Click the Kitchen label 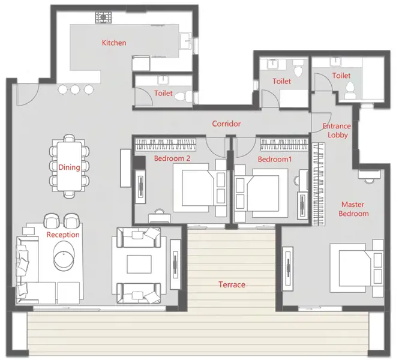pyautogui.click(x=114, y=43)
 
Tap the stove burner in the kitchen pyautogui.click(x=103, y=17)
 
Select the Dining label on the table pyautogui.click(x=69, y=167)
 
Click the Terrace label pyautogui.click(x=232, y=285)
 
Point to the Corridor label pyautogui.click(x=226, y=124)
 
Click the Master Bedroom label pyautogui.click(x=353, y=209)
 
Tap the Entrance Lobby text pyautogui.click(x=337, y=130)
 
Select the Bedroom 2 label pyautogui.click(x=172, y=158)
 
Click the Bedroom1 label pyautogui.click(x=275, y=160)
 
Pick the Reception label pyautogui.click(x=63, y=235)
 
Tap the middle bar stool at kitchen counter pyautogui.click(x=75, y=89)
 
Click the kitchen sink pyautogui.click(x=187, y=40)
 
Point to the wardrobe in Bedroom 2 pyautogui.click(x=166, y=145)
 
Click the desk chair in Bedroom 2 pyautogui.click(x=160, y=212)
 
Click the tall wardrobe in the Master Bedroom pyautogui.click(x=319, y=184)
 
